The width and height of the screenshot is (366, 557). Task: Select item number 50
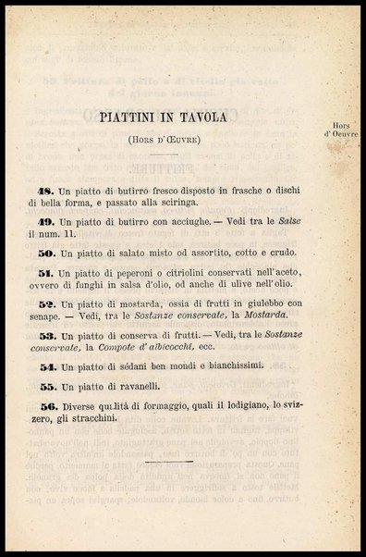(x=48, y=252)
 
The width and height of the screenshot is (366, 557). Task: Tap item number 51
(x=48, y=275)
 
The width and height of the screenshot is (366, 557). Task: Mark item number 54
(x=48, y=366)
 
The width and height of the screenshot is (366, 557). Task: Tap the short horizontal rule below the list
(x=170, y=460)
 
